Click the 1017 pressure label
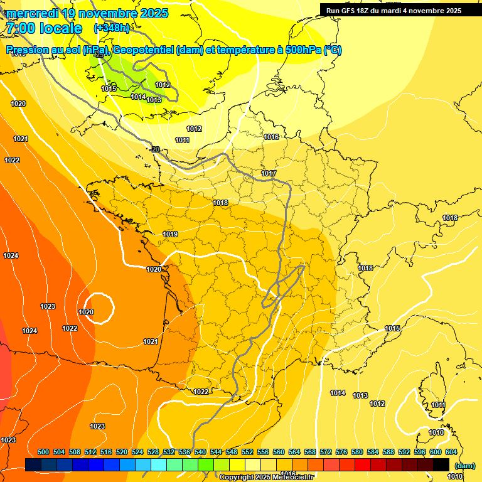(269, 173)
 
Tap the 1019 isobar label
(170, 234)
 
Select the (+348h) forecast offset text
(112, 28)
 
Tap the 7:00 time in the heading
(19, 28)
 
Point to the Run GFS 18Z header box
(394, 10)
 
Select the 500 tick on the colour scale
(43, 452)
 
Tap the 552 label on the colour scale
(247, 452)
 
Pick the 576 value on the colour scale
(341, 452)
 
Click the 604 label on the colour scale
(451, 452)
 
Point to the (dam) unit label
(464, 465)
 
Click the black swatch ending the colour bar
(441, 464)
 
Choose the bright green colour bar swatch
(206, 464)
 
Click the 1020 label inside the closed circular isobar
(86, 312)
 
